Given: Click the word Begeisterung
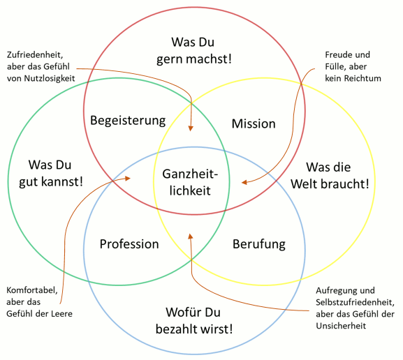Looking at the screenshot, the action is coord(128,121).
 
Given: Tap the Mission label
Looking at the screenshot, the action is coord(254,123).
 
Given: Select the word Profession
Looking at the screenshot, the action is coord(129,244).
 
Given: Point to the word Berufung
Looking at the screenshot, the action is coord(259,244).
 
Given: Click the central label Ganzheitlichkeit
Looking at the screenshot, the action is coord(190,182).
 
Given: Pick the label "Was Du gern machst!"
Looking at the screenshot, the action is coord(193,50).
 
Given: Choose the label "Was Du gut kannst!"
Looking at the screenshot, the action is coord(51,173).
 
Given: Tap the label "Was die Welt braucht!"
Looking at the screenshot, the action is coord(330,175).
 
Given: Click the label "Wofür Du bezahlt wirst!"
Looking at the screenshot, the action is coord(194,321).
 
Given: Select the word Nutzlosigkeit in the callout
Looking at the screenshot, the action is coord(50,78).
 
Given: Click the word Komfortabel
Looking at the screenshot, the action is coord(32,290).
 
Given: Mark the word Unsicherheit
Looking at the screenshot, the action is coord(341,326).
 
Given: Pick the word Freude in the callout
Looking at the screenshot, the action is coord(337,54).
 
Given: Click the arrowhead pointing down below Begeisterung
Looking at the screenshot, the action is coord(191,128).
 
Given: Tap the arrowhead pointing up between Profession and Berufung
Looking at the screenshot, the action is coord(191,237).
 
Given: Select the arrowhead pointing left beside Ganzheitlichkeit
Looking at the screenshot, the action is coord(244,182).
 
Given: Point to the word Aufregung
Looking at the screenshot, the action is coord(335,291).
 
